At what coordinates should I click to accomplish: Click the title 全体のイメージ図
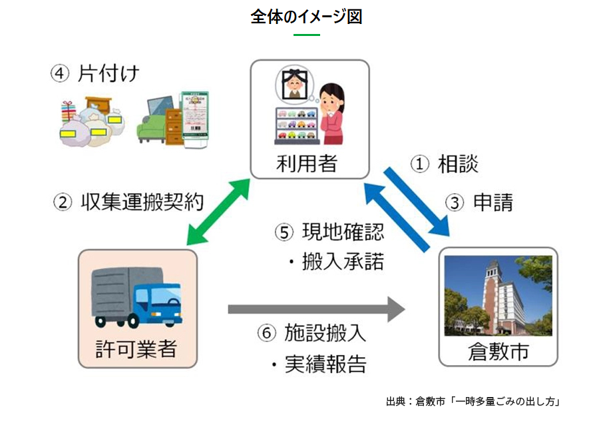click(306, 16)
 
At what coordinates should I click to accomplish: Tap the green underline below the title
click(306, 35)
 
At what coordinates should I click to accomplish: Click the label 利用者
click(309, 162)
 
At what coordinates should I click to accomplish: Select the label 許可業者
click(136, 348)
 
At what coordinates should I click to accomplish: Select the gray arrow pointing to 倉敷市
click(316, 309)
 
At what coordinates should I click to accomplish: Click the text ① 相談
click(443, 164)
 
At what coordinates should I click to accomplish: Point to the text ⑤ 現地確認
click(329, 233)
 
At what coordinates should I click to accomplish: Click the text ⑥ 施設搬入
click(311, 332)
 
